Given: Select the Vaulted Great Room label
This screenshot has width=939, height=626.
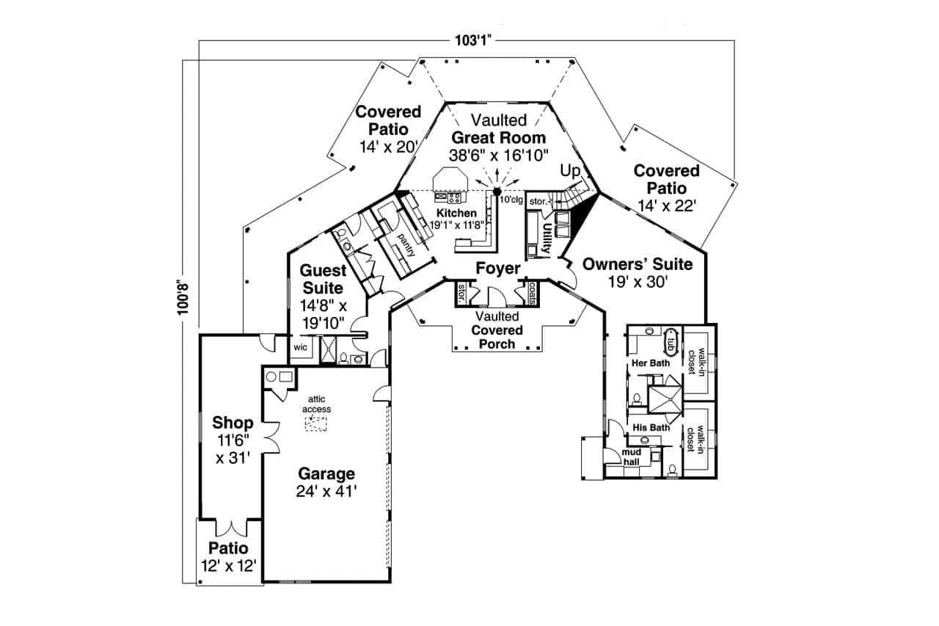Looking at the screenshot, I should tap(498, 137).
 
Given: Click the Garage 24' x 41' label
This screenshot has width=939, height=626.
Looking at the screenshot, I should tap(326, 482).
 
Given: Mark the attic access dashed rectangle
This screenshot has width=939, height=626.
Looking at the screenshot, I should tap(316, 423).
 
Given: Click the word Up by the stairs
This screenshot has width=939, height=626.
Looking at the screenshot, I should tap(570, 170).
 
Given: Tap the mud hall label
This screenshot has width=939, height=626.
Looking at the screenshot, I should tap(631, 457).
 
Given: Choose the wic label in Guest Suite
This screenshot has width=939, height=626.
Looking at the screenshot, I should tap(300, 347).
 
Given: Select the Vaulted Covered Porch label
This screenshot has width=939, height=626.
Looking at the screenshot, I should tap(497, 330).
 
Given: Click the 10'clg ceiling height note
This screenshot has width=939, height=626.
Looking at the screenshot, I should tap(511, 199).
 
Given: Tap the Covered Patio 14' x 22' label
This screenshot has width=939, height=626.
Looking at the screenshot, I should tap(666, 189).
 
